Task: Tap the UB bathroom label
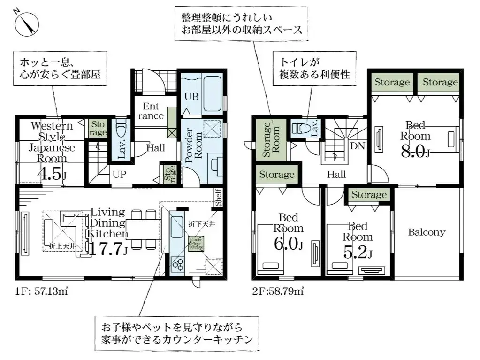tap(190, 97)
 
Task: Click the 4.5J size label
tap(52, 174)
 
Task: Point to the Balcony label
tap(427, 232)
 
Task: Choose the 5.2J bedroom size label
tap(358, 253)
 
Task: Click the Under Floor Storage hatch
tap(196, 244)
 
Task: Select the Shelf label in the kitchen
tap(218, 197)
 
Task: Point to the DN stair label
tap(358, 146)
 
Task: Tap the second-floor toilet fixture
tap(300, 128)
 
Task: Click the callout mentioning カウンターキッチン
tap(176, 332)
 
